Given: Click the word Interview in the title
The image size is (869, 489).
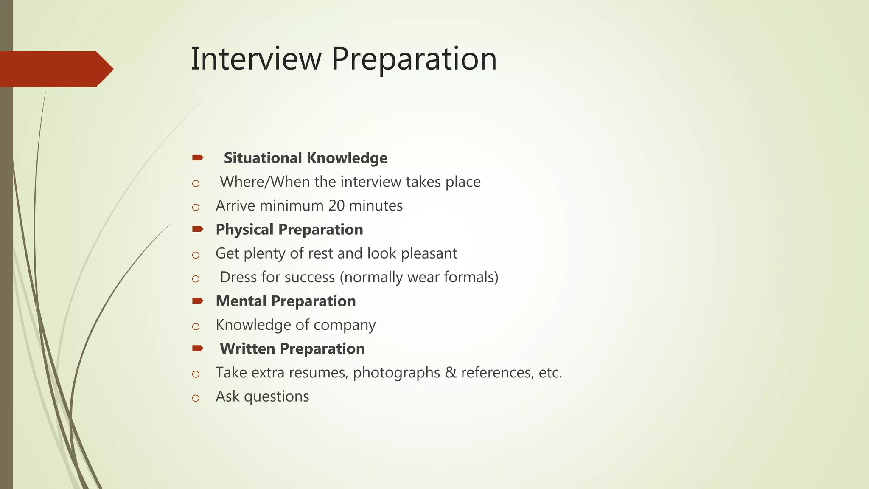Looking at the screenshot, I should click(x=256, y=59).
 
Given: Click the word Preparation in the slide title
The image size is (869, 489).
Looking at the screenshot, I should click(x=414, y=59).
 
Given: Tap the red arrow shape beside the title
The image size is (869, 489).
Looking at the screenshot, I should click(x=55, y=69).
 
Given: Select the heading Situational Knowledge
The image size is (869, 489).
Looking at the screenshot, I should click(x=306, y=158).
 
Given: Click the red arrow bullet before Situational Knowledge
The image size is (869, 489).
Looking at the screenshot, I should click(x=197, y=158).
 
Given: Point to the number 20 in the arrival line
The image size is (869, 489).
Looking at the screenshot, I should click(x=336, y=206).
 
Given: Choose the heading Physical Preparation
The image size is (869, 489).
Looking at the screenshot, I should click(x=289, y=230).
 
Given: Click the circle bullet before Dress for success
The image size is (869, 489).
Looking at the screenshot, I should click(x=196, y=279).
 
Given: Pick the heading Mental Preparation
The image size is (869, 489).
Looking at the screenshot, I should click(x=286, y=301).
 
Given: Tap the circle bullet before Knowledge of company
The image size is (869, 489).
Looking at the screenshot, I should click(x=196, y=326).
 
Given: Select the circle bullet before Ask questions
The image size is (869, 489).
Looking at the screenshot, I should click(x=196, y=398).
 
